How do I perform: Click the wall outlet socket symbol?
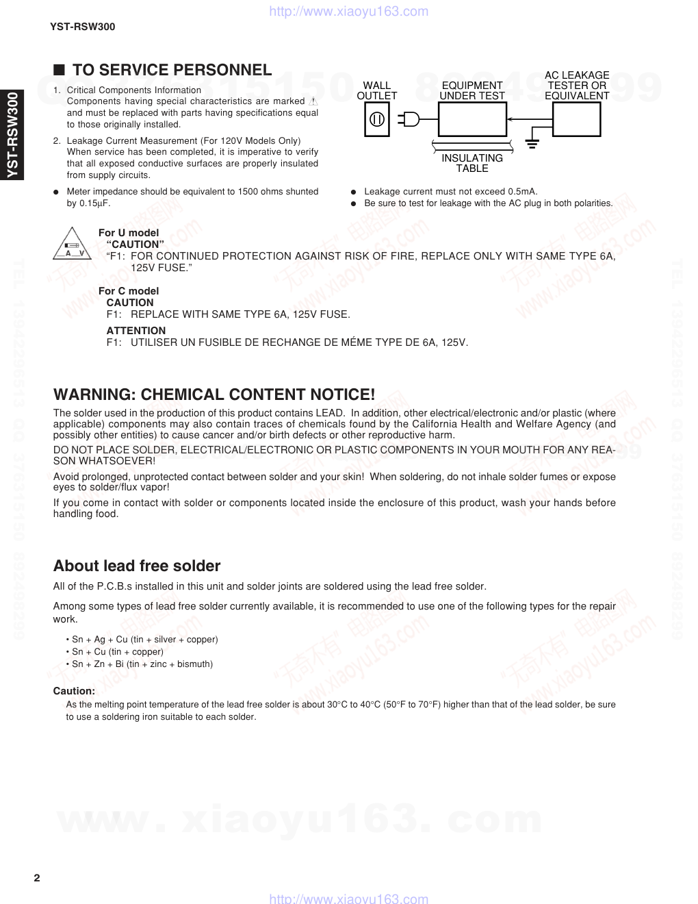[377, 120]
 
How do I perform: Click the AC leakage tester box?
[576, 119]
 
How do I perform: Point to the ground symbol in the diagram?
[533, 143]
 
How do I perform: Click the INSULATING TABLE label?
[472, 163]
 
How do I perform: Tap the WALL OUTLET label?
[377, 90]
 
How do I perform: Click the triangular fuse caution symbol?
[73, 244]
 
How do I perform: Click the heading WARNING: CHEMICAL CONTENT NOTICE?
[214, 394]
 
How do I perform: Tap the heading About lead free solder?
[137, 566]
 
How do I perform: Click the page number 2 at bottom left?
[37, 878]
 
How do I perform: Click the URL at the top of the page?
[349, 11]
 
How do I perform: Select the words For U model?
[129, 233]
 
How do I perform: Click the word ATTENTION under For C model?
[136, 331]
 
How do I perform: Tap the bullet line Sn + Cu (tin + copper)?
[117, 652]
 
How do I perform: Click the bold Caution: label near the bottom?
[74, 691]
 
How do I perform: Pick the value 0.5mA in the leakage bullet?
[522, 192]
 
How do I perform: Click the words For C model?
[129, 291]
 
